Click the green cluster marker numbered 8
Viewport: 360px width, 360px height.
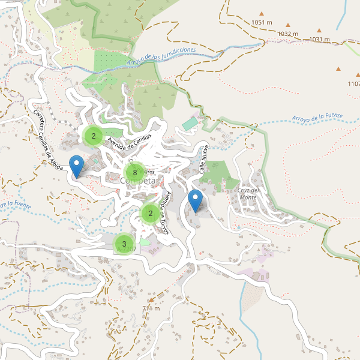tap(136, 173)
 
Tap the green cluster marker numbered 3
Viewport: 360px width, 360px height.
tap(124, 244)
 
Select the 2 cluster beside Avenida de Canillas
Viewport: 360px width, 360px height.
tap(94, 136)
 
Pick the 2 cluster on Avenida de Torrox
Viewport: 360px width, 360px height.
tap(151, 213)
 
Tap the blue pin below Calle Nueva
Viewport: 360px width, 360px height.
tap(195, 200)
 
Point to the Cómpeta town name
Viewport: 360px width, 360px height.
tap(137, 181)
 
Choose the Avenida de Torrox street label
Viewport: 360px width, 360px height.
tap(167, 213)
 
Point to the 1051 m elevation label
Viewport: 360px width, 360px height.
tap(262, 23)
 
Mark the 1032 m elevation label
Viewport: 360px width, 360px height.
tap(288, 34)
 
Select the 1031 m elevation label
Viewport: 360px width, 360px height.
tap(320, 40)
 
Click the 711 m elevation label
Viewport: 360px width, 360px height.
tap(151, 308)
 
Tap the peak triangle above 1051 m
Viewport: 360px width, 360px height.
tap(262, 13)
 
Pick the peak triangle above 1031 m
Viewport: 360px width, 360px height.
tap(320, 30)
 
